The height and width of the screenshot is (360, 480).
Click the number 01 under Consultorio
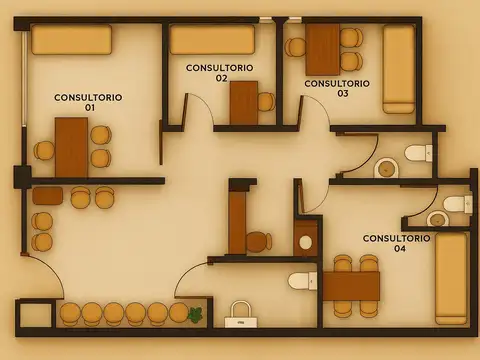click(89, 107)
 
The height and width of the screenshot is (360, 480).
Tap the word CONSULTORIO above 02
click(220, 68)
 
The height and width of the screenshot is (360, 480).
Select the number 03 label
click(343, 93)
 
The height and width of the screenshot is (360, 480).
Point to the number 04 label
click(400, 248)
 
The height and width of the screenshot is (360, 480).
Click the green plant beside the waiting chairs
click(195, 315)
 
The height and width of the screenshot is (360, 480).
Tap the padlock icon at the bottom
click(241, 315)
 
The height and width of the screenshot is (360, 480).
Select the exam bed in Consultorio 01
click(71, 39)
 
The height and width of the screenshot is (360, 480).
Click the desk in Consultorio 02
click(244, 103)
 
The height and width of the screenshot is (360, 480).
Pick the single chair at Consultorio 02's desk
click(266, 102)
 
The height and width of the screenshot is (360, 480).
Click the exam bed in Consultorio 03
click(398, 69)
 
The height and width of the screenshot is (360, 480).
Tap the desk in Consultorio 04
click(351, 286)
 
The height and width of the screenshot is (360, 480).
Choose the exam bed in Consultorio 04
click(451, 279)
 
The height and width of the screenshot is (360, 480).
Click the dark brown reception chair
click(259, 241)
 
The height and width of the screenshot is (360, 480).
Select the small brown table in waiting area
click(47, 196)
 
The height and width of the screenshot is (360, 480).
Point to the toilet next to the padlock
click(303, 281)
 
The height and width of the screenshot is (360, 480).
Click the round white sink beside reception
click(305, 242)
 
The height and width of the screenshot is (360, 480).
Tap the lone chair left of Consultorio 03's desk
click(296, 47)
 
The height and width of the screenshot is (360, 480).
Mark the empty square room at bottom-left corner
click(35, 315)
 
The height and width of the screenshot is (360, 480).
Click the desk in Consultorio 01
click(71, 147)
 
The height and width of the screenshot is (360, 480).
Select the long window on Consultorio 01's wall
click(24, 78)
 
